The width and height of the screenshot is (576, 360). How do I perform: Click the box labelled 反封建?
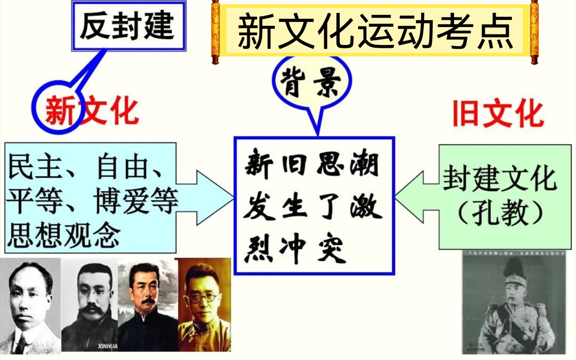(x=129, y=26)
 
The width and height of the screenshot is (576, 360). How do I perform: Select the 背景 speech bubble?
(x=312, y=90)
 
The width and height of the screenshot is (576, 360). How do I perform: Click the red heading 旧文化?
(x=498, y=114)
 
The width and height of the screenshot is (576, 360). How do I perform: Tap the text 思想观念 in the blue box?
(x=63, y=235)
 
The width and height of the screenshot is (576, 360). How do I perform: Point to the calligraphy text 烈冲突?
(x=295, y=248)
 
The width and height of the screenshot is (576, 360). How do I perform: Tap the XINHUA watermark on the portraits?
(x=108, y=346)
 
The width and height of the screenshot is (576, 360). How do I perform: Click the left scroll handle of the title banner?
(x=216, y=32)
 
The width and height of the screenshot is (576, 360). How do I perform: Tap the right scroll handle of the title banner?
(x=534, y=32)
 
